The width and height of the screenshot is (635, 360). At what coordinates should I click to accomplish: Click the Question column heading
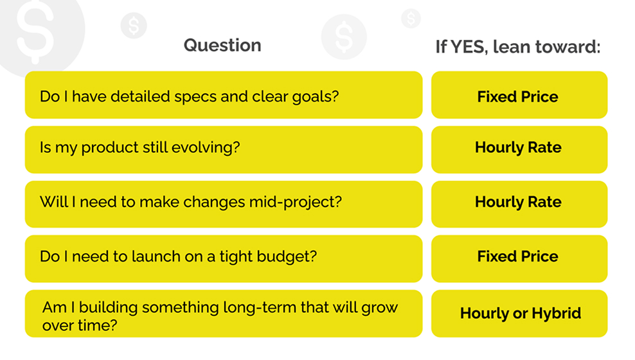(222, 46)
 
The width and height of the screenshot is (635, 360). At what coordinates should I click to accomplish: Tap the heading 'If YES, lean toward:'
(518, 47)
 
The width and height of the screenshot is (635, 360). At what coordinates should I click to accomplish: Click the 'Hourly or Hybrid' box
(519, 314)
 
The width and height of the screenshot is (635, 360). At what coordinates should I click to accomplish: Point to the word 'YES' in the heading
(467, 47)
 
